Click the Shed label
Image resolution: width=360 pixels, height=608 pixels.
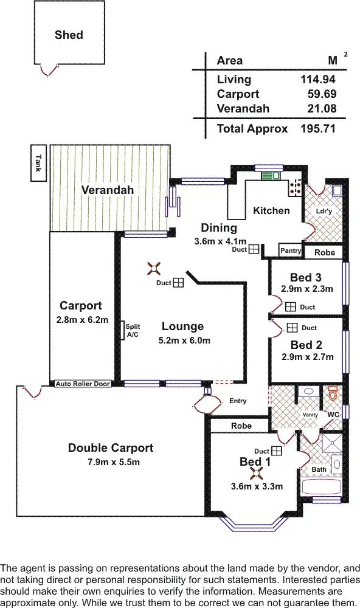coord(69,35)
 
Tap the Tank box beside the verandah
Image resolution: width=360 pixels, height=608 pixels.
coord(38,163)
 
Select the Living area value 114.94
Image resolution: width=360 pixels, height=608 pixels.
coord(317,79)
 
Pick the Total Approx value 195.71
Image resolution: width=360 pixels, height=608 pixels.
coord(317,129)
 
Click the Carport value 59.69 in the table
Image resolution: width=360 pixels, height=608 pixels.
coord(322,94)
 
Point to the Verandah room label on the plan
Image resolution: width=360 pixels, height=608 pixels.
coord(108,190)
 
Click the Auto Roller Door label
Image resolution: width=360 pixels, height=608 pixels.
coord(83,384)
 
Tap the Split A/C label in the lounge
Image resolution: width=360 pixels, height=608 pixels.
coord(133,330)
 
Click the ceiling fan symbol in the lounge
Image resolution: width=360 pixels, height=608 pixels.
coord(154,268)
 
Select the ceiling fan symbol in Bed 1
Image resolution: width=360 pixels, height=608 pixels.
coord(256,473)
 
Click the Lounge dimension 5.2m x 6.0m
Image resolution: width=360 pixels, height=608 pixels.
coord(184,340)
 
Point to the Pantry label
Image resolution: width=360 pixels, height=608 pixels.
coord(291,250)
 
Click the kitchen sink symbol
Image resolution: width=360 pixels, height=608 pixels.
coord(271,176)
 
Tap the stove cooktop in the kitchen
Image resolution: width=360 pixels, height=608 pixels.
coord(296,187)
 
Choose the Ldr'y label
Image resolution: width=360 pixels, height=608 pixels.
coord(324,211)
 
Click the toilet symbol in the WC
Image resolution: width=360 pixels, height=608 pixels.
coord(333,393)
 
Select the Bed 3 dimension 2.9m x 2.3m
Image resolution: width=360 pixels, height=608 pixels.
coord(307,288)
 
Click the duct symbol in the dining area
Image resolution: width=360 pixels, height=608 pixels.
coord(254,249)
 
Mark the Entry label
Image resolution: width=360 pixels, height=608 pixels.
coord(238,401)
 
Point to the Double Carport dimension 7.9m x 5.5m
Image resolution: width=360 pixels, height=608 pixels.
coord(112,462)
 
